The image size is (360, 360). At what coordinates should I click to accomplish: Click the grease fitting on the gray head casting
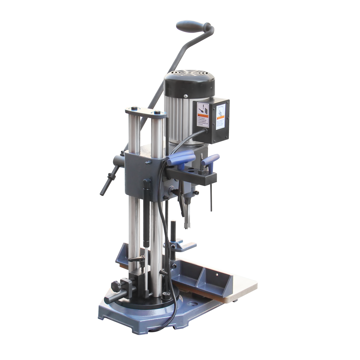coord(146,162)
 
